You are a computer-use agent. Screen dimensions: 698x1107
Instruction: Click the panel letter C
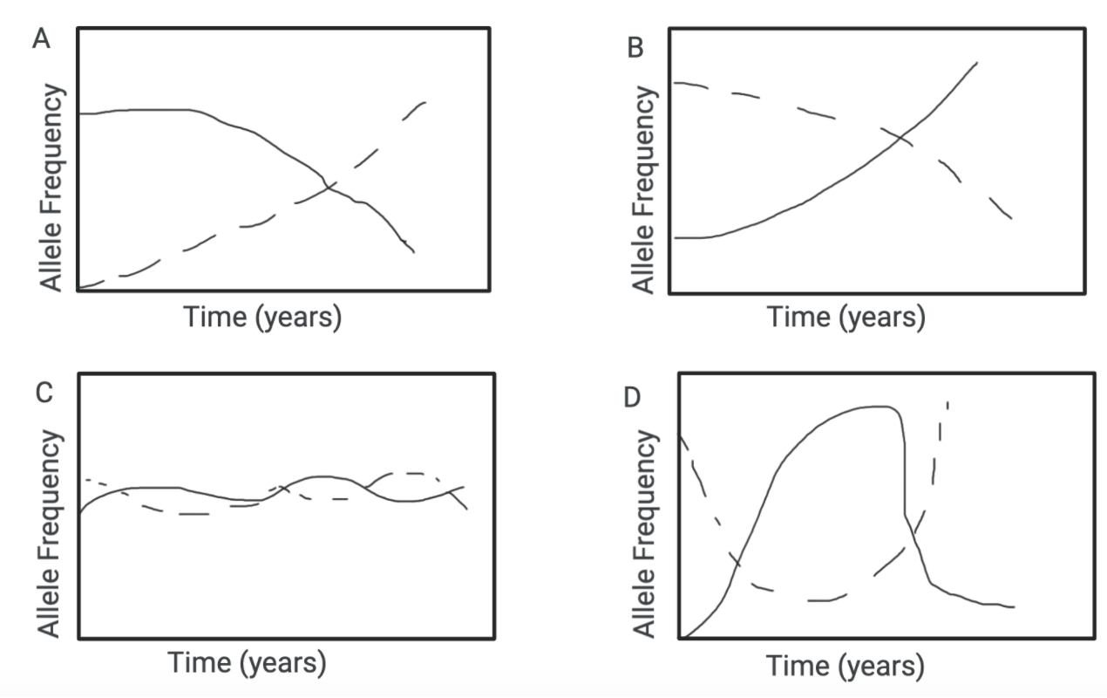pyautogui.click(x=44, y=393)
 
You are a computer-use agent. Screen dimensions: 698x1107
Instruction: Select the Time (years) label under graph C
pyautogui.click(x=248, y=662)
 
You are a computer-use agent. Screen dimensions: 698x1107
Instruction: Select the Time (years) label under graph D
pyautogui.click(x=845, y=666)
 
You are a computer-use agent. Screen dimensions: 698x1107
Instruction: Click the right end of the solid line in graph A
pyautogui.click(x=413, y=252)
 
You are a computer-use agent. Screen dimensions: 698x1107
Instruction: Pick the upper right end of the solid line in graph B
pyautogui.click(x=975, y=63)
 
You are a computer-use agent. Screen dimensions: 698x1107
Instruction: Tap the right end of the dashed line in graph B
pyautogui.click(x=1010, y=218)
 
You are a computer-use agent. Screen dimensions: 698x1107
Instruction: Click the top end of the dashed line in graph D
pyautogui.click(x=947, y=402)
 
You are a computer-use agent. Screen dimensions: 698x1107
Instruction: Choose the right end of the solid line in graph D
pyautogui.click(x=1014, y=606)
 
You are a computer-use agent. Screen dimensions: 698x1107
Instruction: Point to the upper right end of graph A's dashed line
pyautogui.click(x=425, y=102)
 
